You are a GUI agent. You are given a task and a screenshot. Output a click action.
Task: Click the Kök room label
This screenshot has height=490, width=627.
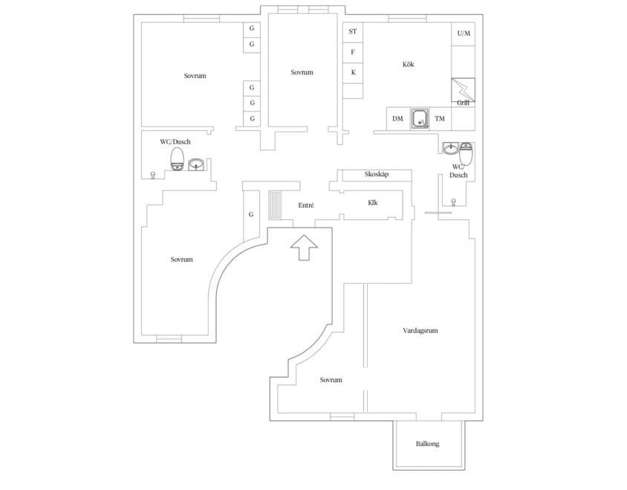coord(408,65)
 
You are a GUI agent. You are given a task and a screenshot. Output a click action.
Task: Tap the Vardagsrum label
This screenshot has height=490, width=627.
coord(420,331)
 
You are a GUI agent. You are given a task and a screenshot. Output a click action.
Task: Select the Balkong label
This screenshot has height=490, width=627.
coord(427,444)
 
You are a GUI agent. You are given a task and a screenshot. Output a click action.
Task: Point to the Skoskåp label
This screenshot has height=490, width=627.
coord(377,175)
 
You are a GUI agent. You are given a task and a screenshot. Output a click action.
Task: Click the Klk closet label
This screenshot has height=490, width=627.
coord(373,202)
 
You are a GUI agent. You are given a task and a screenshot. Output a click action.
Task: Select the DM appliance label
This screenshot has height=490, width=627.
coord(397,119)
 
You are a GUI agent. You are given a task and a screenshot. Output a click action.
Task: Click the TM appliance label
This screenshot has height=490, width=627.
coord(440,119)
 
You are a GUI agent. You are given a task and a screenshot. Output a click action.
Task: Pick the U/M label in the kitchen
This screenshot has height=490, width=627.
coord(464,33)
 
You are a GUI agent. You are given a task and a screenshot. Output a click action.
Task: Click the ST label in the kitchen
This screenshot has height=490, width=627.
coord(353,32)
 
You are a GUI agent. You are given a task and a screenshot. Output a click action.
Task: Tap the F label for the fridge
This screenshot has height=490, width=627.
coord(353,52)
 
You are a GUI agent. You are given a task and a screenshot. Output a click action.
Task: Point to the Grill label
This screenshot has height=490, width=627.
coord(463,102)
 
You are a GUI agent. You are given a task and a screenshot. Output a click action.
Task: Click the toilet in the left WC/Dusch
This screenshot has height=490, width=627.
coord(177,158)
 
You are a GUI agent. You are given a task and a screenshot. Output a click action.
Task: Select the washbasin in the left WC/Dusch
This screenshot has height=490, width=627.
coord(197,164)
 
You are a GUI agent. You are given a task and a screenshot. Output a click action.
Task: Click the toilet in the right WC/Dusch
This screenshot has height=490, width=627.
coord(466,153)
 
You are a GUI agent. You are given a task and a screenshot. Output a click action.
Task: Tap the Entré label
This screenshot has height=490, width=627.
coord(305,205)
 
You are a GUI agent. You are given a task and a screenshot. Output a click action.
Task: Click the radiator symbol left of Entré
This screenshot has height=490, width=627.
coord(274,204)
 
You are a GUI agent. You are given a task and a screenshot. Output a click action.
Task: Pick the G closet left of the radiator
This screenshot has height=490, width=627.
coord(252,215)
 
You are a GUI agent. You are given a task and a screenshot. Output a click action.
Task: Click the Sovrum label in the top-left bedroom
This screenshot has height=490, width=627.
coord(195,76)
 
